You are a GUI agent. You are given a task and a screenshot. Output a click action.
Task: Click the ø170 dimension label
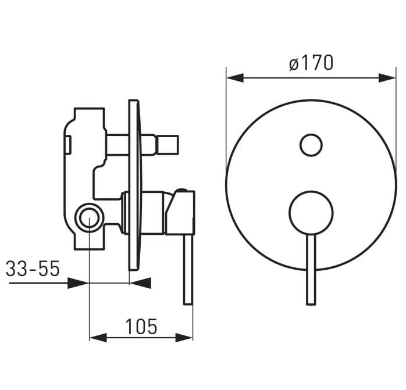[x=311, y=63]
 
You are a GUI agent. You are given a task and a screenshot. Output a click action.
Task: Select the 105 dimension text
[x=141, y=327]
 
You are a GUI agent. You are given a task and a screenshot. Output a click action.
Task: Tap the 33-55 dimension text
[x=33, y=269]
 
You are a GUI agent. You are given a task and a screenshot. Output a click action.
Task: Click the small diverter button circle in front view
[x=311, y=145]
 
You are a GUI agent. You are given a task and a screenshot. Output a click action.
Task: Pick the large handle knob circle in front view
[x=311, y=213]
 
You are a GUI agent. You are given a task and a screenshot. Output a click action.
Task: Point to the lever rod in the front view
[x=311, y=270]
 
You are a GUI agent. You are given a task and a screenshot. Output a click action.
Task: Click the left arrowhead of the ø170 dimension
[x=235, y=77]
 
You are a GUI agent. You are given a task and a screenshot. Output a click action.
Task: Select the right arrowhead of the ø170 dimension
[x=387, y=77]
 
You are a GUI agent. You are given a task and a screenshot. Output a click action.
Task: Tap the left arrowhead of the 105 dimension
[x=98, y=338]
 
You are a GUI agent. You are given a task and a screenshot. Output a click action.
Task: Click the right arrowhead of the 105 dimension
[x=184, y=338]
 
